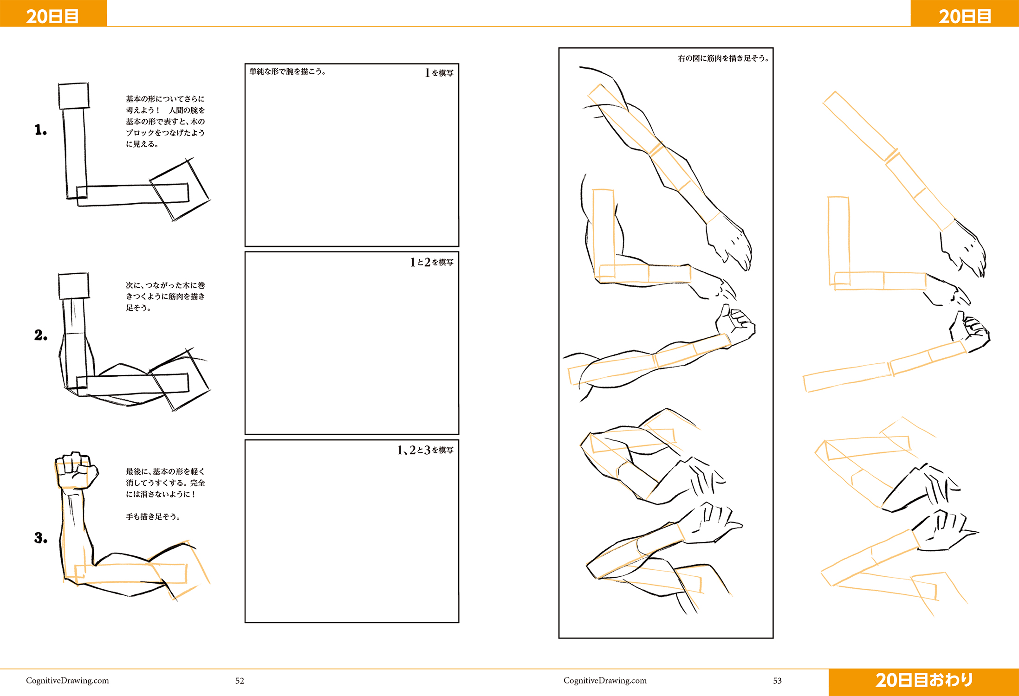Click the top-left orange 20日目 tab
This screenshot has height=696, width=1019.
click(53, 13)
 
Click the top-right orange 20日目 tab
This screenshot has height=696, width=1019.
click(965, 13)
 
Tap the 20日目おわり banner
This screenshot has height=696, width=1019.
click(924, 681)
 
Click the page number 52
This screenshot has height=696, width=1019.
click(240, 681)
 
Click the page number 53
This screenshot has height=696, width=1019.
click(777, 681)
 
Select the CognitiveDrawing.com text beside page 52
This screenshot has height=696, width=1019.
click(67, 681)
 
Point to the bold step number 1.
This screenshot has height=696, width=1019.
click(40, 130)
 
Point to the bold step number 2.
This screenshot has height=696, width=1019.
click(40, 335)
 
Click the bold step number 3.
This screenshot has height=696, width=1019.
click(40, 538)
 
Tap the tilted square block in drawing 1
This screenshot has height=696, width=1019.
click(180, 189)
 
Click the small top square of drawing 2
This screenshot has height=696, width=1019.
click(73, 286)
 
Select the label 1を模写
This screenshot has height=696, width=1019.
click(439, 73)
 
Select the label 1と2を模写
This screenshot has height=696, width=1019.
click(431, 262)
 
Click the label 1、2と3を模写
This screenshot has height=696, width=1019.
click(425, 450)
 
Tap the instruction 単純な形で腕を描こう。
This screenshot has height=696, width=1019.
click(287, 71)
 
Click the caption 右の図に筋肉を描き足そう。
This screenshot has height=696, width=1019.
click(723, 58)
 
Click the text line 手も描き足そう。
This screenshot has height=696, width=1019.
click(153, 516)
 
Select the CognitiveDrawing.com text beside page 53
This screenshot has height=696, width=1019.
click(605, 681)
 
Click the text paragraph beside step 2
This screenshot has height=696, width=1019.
click(165, 296)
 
